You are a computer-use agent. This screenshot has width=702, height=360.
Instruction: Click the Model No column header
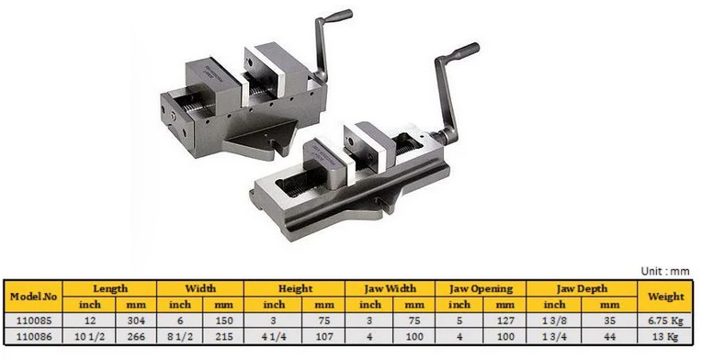pyautogui.click(x=33, y=297)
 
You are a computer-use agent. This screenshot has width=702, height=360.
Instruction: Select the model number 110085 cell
pyautogui.click(x=33, y=321)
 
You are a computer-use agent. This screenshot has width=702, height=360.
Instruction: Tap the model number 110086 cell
pyautogui.click(x=33, y=336)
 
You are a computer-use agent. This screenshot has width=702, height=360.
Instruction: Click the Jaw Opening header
pyautogui.click(x=481, y=288)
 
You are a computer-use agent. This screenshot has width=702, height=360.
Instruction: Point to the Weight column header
pyautogui.click(x=666, y=297)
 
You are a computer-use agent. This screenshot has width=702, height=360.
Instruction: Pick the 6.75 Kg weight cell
pyautogui.click(x=666, y=321)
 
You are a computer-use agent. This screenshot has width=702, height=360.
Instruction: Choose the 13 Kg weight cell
pyautogui.click(x=666, y=336)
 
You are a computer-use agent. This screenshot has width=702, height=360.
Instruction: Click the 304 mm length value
pyautogui.click(x=136, y=321)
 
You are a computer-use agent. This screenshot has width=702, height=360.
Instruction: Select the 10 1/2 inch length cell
pyautogui.click(x=89, y=336)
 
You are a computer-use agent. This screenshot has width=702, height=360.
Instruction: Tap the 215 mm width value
pyautogui.click(x=223, y=336)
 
